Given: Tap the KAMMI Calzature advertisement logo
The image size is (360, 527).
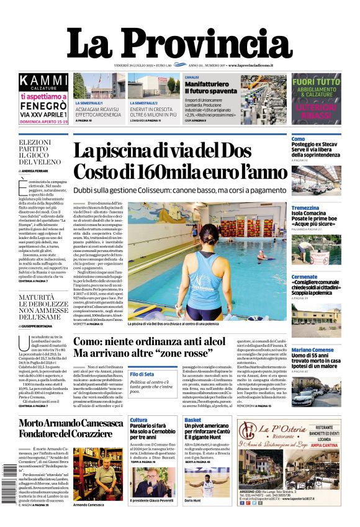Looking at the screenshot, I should (x=43, y=81).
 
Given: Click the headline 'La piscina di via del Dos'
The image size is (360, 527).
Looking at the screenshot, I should (x=162, y=151).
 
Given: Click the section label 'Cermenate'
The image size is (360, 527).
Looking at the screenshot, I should (x=305, y=277).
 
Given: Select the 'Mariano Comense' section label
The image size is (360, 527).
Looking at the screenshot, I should (x=313, y=350).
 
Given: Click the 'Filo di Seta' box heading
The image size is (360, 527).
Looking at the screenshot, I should (x=142, y=374).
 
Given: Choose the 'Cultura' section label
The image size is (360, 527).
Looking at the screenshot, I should (x=138, y=420).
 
